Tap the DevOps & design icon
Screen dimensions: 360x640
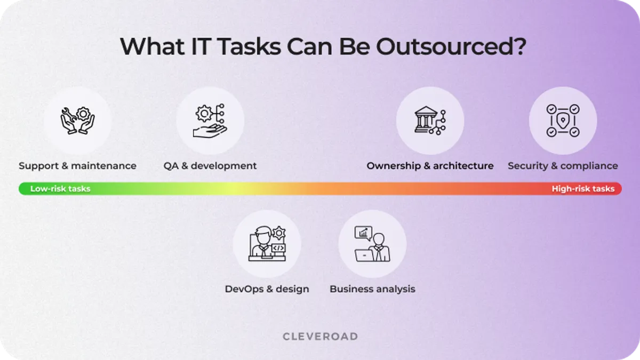(267, 244)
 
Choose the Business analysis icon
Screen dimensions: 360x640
(372, 244)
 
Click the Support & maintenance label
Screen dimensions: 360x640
(77, 166)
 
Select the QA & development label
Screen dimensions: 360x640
(210, 166)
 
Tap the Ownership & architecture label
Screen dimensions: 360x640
(430, 166)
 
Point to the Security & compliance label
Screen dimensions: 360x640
(563, 166)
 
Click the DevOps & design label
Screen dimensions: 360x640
(267, 289)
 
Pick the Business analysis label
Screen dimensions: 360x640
(372, 289)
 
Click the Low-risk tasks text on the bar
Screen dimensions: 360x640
(60, 189)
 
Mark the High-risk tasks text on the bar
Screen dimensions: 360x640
(583, 189)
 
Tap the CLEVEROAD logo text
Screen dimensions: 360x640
(320, 337)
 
